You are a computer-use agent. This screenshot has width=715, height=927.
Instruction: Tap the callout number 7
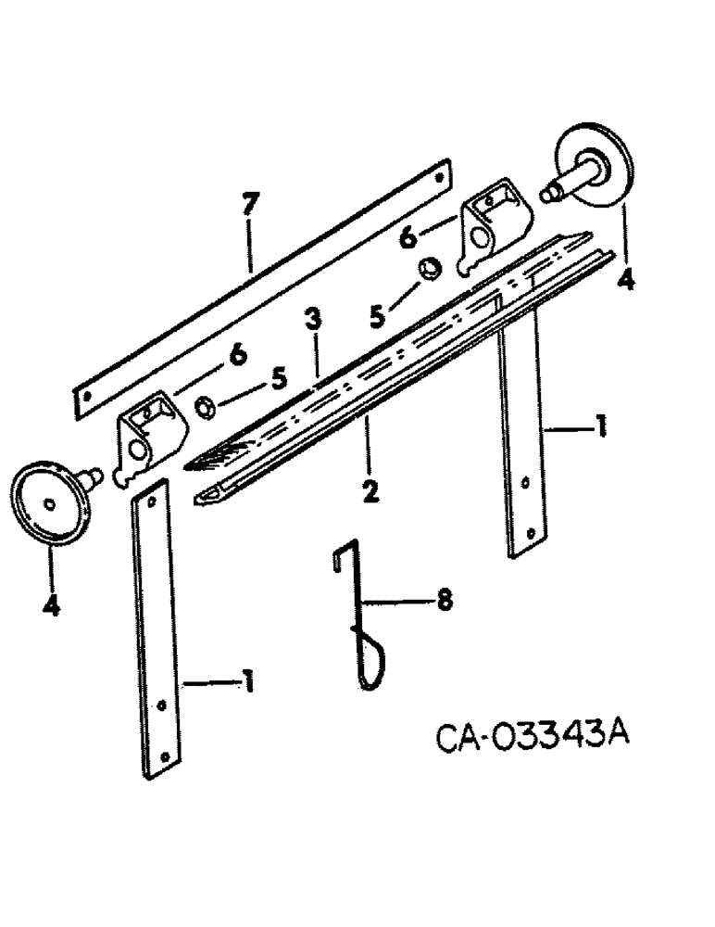click(249, 206)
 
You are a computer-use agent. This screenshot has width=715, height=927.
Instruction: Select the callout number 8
click(445, 601)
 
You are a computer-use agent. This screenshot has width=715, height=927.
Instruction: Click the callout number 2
click(370, 489)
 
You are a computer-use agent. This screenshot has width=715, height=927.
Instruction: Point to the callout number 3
click(315, 321)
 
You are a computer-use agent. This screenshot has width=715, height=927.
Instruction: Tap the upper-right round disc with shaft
click(595, 168)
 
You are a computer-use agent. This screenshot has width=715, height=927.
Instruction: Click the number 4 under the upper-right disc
click(626, 278)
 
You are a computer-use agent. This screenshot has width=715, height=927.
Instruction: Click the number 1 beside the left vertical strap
click(247, 684)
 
